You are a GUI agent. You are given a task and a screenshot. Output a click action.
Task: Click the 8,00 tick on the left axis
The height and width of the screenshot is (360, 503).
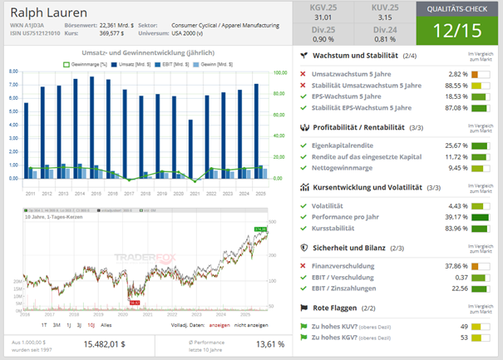pyautogui.click(x=12, y=72)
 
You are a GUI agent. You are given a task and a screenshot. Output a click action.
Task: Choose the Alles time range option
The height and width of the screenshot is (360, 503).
pyautogui.click(x=106, y=327)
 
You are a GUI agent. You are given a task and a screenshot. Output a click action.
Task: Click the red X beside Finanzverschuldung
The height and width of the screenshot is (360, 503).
pyautogui.click(x=304, y=266)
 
